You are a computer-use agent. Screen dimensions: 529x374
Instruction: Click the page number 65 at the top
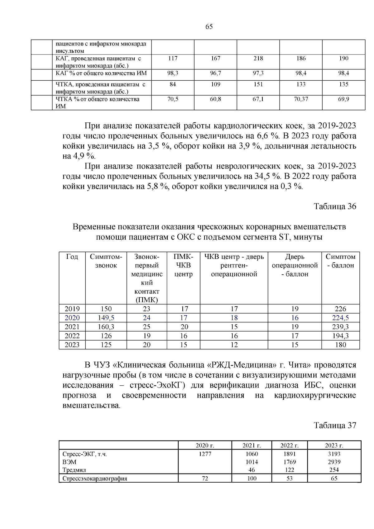(209, 26)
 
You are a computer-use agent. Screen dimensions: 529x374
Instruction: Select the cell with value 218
(258, 59)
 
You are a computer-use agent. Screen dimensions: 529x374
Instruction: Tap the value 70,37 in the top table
(301, 99)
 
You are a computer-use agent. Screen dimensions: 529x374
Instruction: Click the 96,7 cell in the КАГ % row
(215, 73)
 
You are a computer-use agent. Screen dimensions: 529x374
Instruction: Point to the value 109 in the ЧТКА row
(215, 84)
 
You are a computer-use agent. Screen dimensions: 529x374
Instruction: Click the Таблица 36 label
(335, 207)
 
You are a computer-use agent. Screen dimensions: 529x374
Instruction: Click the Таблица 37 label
(335, 426)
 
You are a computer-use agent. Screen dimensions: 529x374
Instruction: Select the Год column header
(72, 257)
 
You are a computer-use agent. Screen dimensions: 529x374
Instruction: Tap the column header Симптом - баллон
(340, 261)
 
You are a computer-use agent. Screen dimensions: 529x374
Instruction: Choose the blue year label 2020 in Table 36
(72, 318)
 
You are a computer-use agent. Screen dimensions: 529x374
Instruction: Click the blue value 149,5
(106, 318)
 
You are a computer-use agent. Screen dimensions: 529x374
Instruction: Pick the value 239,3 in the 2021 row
(340, 327)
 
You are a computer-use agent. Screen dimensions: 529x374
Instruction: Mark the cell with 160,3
(106, 327)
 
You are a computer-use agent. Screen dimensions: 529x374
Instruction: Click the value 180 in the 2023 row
(340, 345)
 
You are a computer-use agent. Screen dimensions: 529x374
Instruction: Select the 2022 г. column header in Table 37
(289, 446)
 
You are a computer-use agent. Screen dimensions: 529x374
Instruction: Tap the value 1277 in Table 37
(205, 454)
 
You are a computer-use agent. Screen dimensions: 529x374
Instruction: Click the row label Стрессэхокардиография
(95, 479)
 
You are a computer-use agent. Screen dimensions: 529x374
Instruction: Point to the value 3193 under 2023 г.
(334, 454)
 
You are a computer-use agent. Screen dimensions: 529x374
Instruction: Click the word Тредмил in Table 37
(74, 470)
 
